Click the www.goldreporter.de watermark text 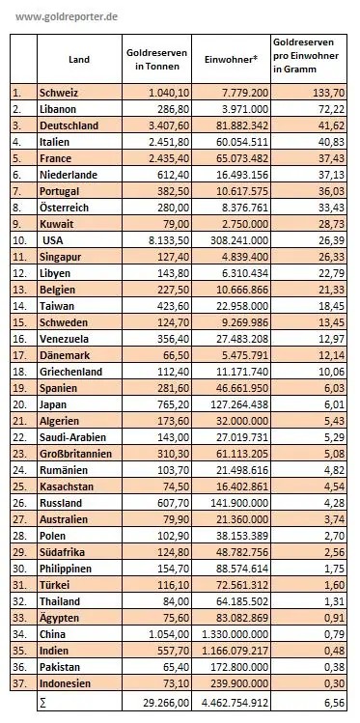tap(67, 17)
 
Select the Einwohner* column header tap(231, 60)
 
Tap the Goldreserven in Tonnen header tap(156, 60)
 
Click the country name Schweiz tap(59, 93)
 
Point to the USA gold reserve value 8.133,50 tap(169, 240)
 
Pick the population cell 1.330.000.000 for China tap(233, 634)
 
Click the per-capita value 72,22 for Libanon tap(331, 109)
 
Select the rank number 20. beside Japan tap(17, 404)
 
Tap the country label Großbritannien tap(75, 454)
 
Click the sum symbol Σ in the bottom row tap(42, 703)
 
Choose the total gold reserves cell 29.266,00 tap(167, 703)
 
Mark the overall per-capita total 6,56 tap(334, 703)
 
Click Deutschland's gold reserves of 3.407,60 tap(169, 125)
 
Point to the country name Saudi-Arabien tap(72, 437)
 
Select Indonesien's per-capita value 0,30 tap(334, 683)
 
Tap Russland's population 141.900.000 tap(237, 503)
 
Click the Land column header tap(79, 60)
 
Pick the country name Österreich tap(64, 208)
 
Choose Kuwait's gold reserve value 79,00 tap(177, 224)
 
